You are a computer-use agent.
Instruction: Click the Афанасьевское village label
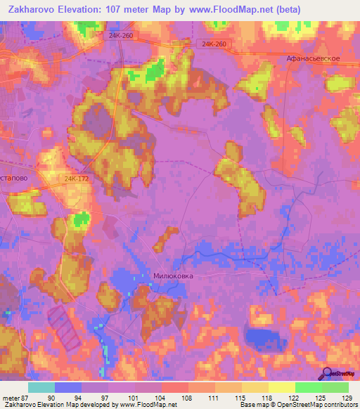pos(314,59)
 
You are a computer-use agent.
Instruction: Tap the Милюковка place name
pos(173,276)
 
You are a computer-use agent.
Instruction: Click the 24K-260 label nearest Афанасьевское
pos(213,44)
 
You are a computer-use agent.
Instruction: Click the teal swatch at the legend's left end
pos(41,387)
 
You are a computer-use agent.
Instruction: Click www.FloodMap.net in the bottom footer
pos(148,405)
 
